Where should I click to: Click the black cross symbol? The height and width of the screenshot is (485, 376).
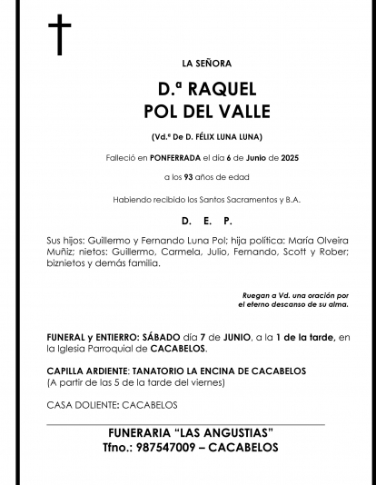(59, 35)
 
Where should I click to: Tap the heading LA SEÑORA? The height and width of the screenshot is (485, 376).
(207, 64)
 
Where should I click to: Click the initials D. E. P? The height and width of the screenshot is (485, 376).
(207, 221)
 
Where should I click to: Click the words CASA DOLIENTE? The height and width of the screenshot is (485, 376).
(77, 405)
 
